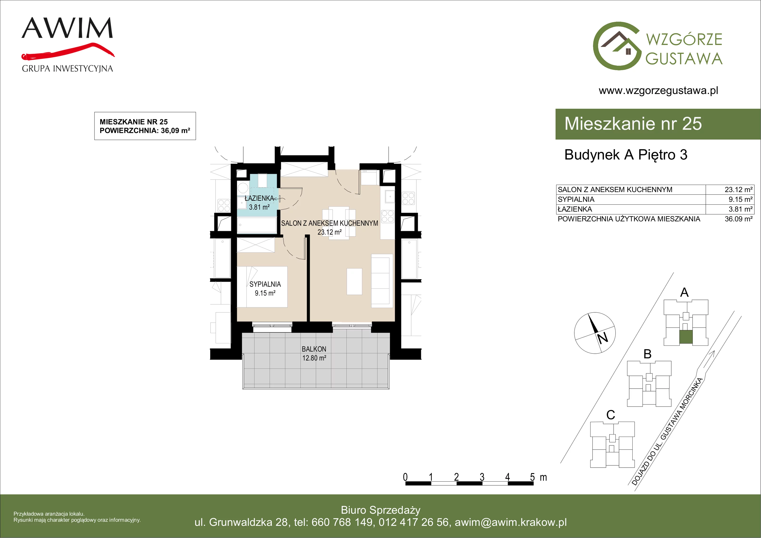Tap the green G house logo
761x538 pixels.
point(616,46)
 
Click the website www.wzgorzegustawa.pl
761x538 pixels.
point(658,91)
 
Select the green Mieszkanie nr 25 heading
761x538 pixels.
point(633,124)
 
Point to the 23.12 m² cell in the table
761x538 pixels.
point(738,190)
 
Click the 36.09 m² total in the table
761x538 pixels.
point(738,219)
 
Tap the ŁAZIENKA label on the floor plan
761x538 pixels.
point(259,198)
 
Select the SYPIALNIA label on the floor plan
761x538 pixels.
point(265,284)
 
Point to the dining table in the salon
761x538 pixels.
point(339,223)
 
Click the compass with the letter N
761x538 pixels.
point(595,333)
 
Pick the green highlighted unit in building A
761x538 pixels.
point(686,337)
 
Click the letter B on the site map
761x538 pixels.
point(647,354)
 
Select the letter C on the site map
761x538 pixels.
point(610,415)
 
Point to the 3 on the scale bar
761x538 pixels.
point(482,477)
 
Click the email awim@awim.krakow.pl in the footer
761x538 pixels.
point(511,522)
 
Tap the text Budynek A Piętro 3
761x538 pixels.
point(626,155)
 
